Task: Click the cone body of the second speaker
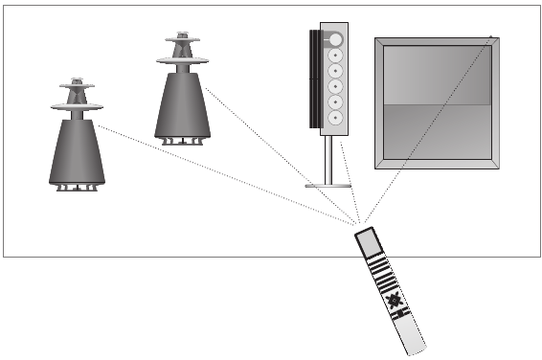[x=182, y=105]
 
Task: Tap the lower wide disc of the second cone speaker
[x=182, y=60]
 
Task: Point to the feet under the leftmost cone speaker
[x=77, y=188]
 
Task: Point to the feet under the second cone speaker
[x=182, y=142]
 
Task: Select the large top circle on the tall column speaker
[x=335, y=39]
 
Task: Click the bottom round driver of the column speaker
[x=336, y=118]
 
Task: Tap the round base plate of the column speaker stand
[x=327, y=184]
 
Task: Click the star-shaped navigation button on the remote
[x=392, y=303]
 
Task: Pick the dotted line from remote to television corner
[x=431, y=134]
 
